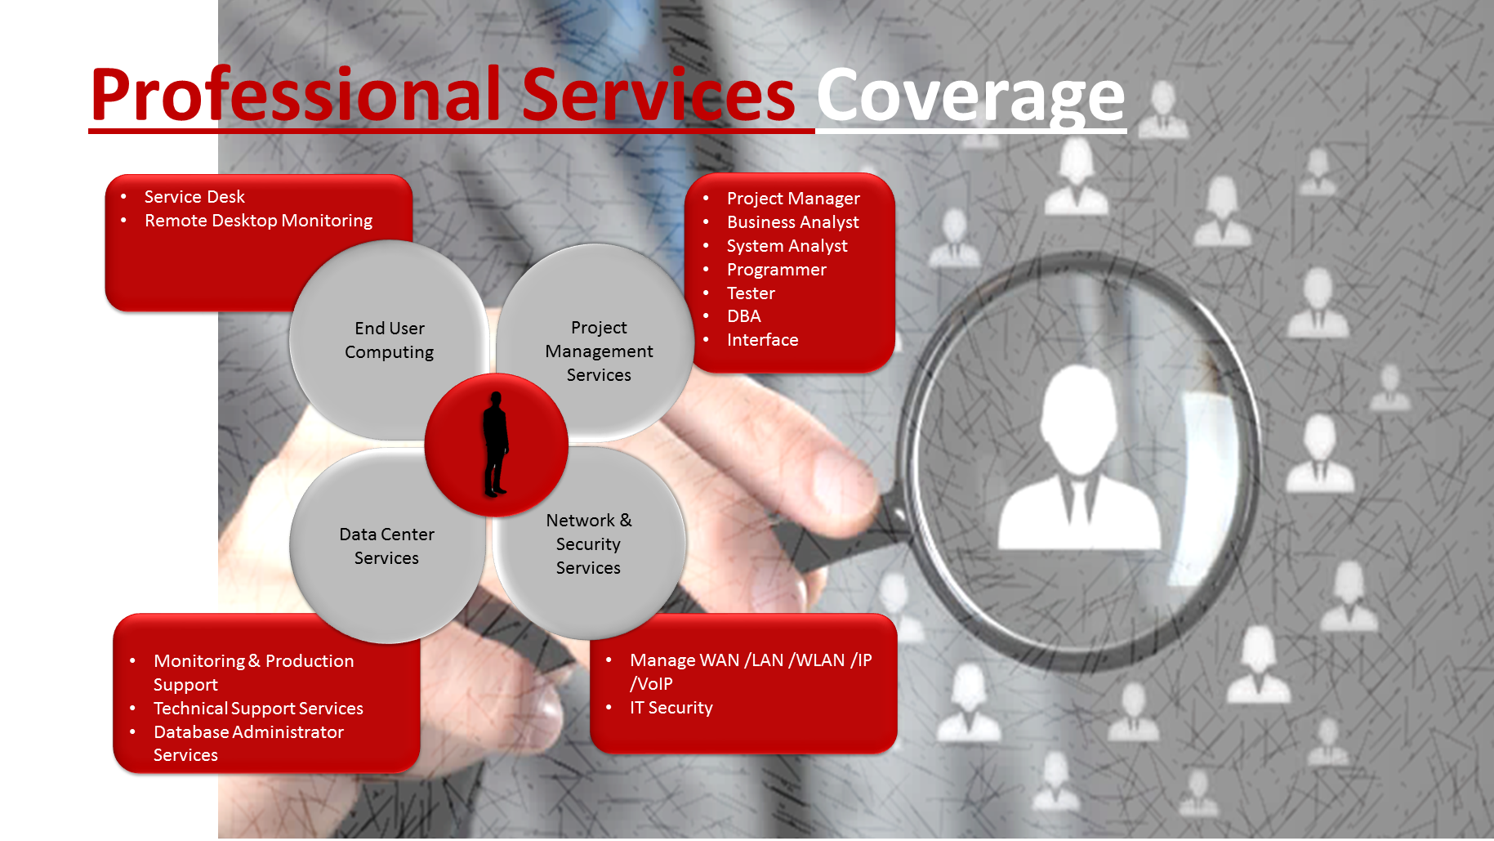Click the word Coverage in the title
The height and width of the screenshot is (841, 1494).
[970, 96]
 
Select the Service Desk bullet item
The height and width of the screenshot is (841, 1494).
[194, 197]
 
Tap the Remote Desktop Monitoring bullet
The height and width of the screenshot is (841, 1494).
[258, 221]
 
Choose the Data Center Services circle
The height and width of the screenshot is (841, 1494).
[386, 546]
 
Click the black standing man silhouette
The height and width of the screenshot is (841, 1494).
[495, 444]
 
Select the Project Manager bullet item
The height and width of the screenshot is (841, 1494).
[793, 199]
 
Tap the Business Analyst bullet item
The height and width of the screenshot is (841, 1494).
[792, 222]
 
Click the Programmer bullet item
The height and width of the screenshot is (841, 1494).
[776, 270]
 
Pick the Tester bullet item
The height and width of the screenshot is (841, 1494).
[751, 293]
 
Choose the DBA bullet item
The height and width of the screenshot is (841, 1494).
[743, 316]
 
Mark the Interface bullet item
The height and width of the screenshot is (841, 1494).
[762, 340]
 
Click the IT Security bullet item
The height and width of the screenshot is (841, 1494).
[671, 708]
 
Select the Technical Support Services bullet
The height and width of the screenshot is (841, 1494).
[258, 709]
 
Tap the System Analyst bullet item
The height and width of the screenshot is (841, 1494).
[787, 246]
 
